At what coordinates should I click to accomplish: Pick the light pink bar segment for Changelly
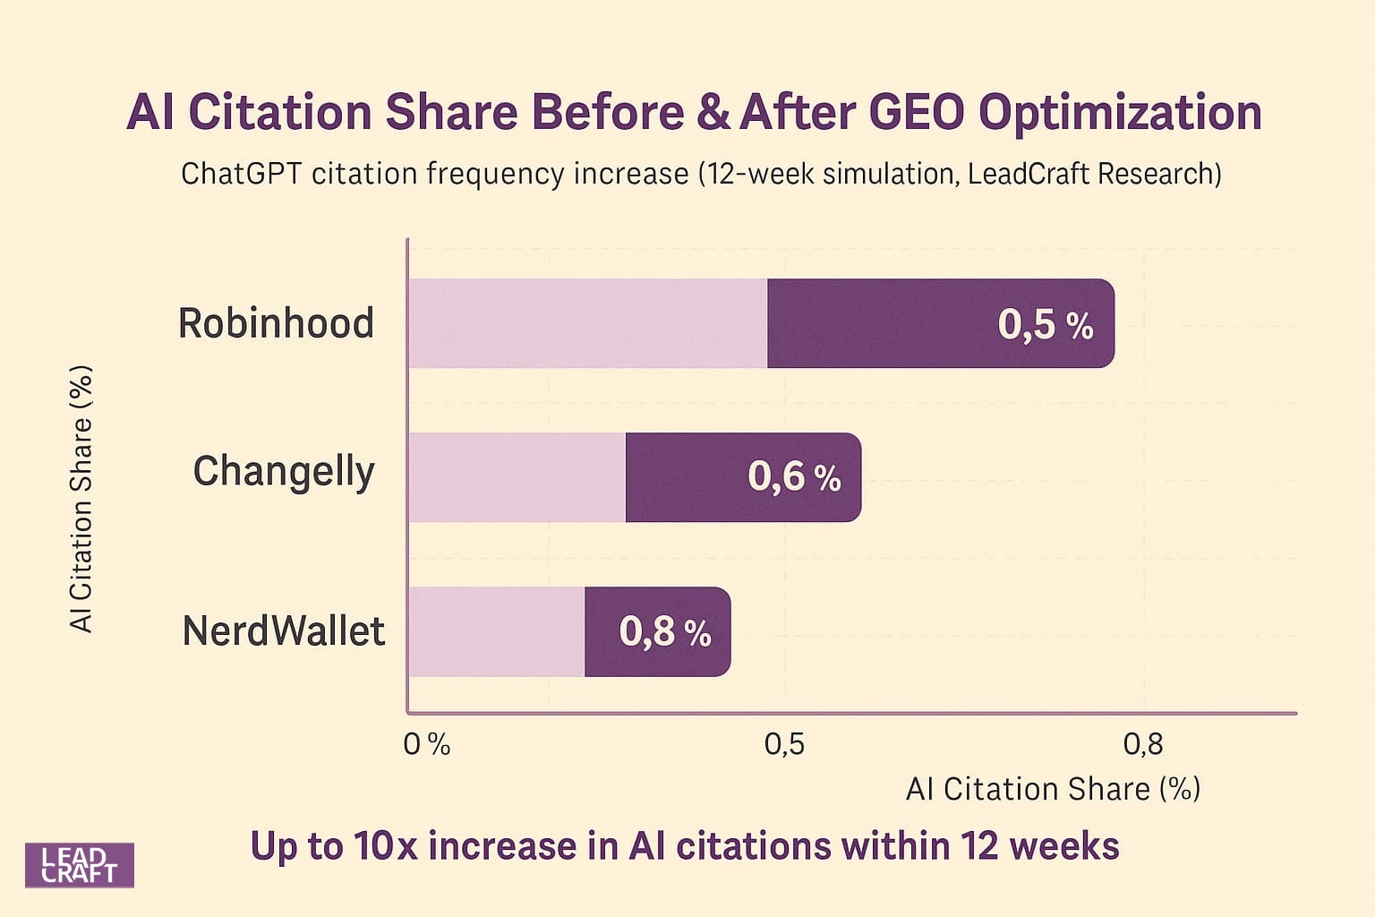point(517,477)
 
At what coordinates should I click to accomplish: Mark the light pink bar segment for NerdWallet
point(497,631)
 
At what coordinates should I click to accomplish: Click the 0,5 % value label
point(1046,324)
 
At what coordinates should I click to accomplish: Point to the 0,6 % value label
point(794,476)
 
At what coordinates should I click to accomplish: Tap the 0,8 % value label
point(665,631)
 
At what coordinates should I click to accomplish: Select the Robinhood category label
point(276,323)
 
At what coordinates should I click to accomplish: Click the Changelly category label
point(284,472)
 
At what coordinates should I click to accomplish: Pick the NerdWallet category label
point(283,631)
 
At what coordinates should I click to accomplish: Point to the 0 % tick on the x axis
point(426,744)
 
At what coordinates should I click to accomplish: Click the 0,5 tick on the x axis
point(784,744)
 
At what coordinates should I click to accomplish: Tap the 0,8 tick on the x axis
point(1143,744)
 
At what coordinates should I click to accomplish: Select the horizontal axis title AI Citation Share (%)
point(1053,789)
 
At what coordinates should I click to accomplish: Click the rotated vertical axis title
point(81,499)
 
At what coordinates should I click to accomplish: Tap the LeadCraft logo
point(79,865)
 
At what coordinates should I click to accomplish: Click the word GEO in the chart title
point(917,113)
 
